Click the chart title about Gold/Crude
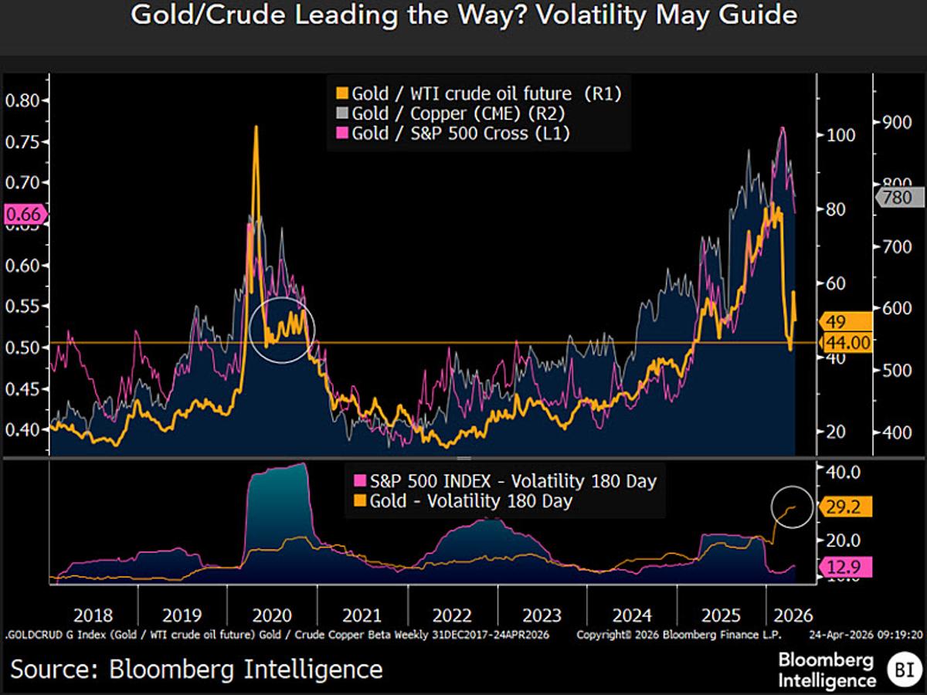coord(463,16)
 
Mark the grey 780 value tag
coord(898,198)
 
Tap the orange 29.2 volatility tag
coord(845,507)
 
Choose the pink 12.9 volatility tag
coord(845,568)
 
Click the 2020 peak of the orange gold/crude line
coord(256,128)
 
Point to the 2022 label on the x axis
coord(453,616)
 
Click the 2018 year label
coord(92,616)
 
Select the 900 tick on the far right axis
coord(898,122)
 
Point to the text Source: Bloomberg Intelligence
coord(196,668)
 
